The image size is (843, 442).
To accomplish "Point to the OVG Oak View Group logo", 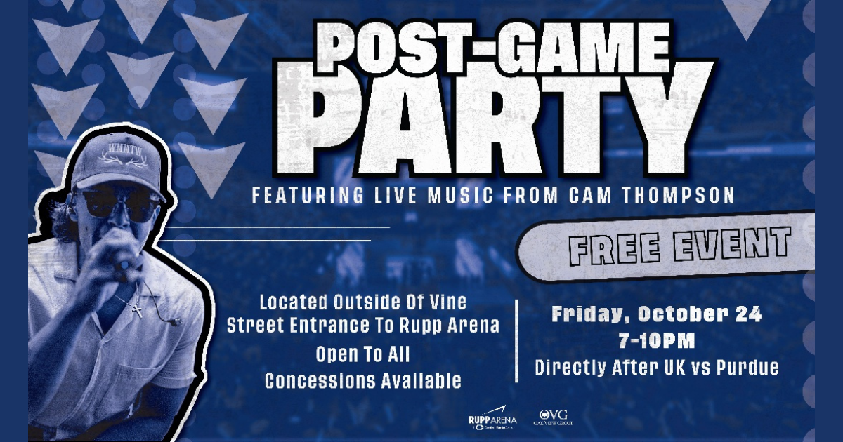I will [556, 418].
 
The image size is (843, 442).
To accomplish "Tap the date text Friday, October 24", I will [656, 314].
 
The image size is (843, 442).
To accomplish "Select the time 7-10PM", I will [656, 342].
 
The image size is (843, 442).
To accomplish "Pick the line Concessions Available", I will [362, 381].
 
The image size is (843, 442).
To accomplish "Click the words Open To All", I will [362, 354].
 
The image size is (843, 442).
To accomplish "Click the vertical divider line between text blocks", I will [516, 340].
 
